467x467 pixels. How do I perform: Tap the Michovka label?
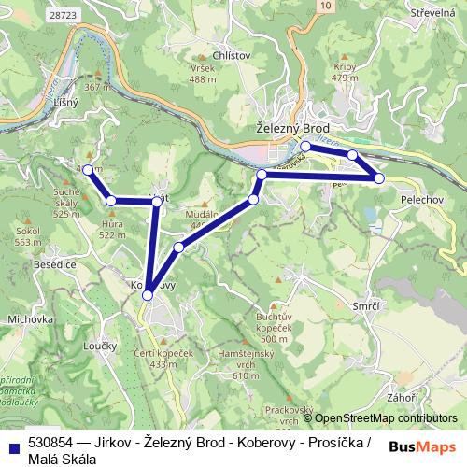(28, 318)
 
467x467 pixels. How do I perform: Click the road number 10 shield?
(323, 6)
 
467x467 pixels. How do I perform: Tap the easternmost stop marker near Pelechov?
(379, 177)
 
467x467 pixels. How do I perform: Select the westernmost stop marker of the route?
(88, 170)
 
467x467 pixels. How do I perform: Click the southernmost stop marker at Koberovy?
(147, 296)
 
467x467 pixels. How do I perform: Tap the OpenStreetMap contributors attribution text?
(386, 418)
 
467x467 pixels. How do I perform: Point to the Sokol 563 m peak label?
(28, 236)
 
